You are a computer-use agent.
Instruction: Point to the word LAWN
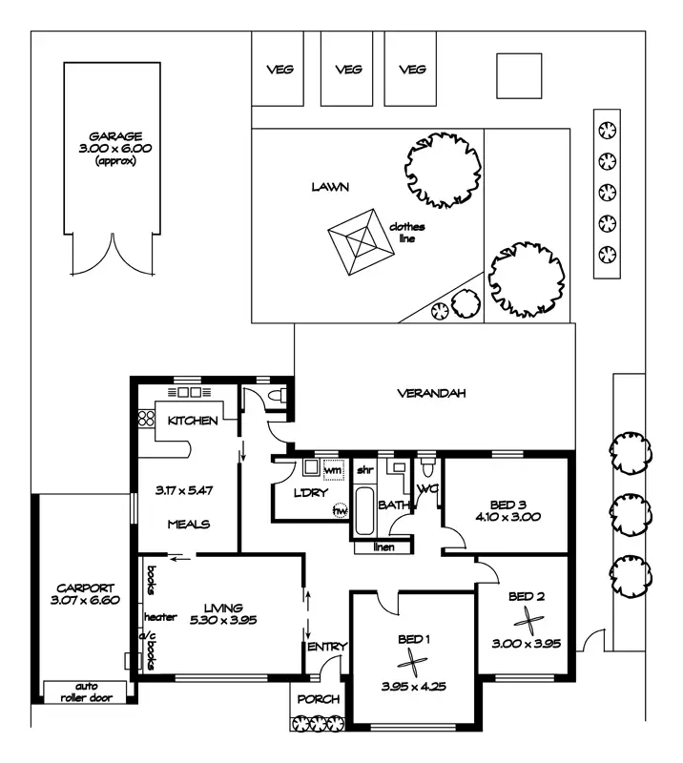click(x=331, y=187)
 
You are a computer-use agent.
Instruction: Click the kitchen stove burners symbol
click(x=147, y=418)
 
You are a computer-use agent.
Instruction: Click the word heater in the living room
click(x=160, y=617)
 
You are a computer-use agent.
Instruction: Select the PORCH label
click(x=318, y=699)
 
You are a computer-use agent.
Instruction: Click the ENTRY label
click(x=327, y=648)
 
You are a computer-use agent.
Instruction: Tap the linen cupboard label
click(x=383, y=547)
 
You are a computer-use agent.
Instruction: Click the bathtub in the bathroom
click(x=366, y=513)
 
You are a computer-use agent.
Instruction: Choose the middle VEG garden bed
click(x=348, y=69)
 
